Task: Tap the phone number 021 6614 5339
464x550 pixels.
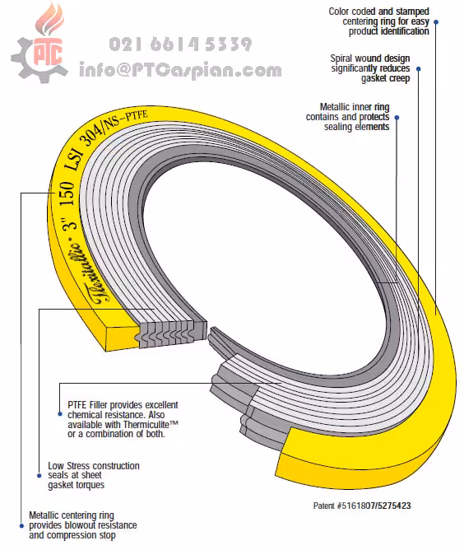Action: click(x=180, y=44)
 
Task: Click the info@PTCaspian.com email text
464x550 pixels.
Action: click(x=180, y=70)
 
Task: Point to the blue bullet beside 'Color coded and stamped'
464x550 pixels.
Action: click(x=436, y=21)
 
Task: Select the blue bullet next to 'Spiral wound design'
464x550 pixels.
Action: click(x=418, y=69)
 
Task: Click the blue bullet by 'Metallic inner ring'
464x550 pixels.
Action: click(x=397, y=118)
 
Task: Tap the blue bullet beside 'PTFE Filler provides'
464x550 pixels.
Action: click(x=59, y=414)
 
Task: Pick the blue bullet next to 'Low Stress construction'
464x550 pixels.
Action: click(x=39, y=476)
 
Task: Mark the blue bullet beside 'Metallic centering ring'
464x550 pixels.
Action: click(x=21, y=525)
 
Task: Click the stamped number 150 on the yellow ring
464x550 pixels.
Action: click(x=67, y=193)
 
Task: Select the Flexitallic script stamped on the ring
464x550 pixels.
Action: click(x=87, y=272)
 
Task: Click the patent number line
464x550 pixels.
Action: click(x=362, y=506)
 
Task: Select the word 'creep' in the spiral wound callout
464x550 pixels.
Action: click(x=398, y=78)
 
